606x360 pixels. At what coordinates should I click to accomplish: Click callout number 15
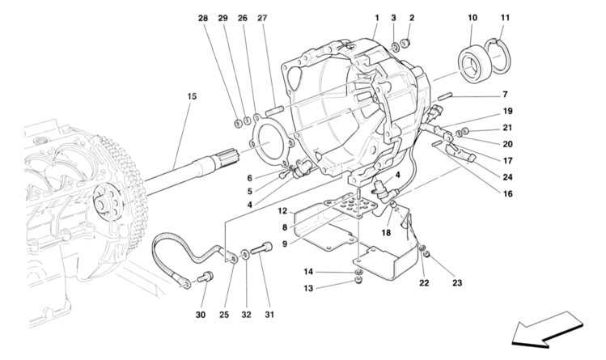[192, 97]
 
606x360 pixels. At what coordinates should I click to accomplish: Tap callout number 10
[473, 17]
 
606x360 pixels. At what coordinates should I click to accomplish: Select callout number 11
[506, 17]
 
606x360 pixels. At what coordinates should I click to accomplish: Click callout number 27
[262, 17]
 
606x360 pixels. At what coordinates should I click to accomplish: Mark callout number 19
[507, 112]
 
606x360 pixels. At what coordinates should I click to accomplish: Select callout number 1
[376, 17]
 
